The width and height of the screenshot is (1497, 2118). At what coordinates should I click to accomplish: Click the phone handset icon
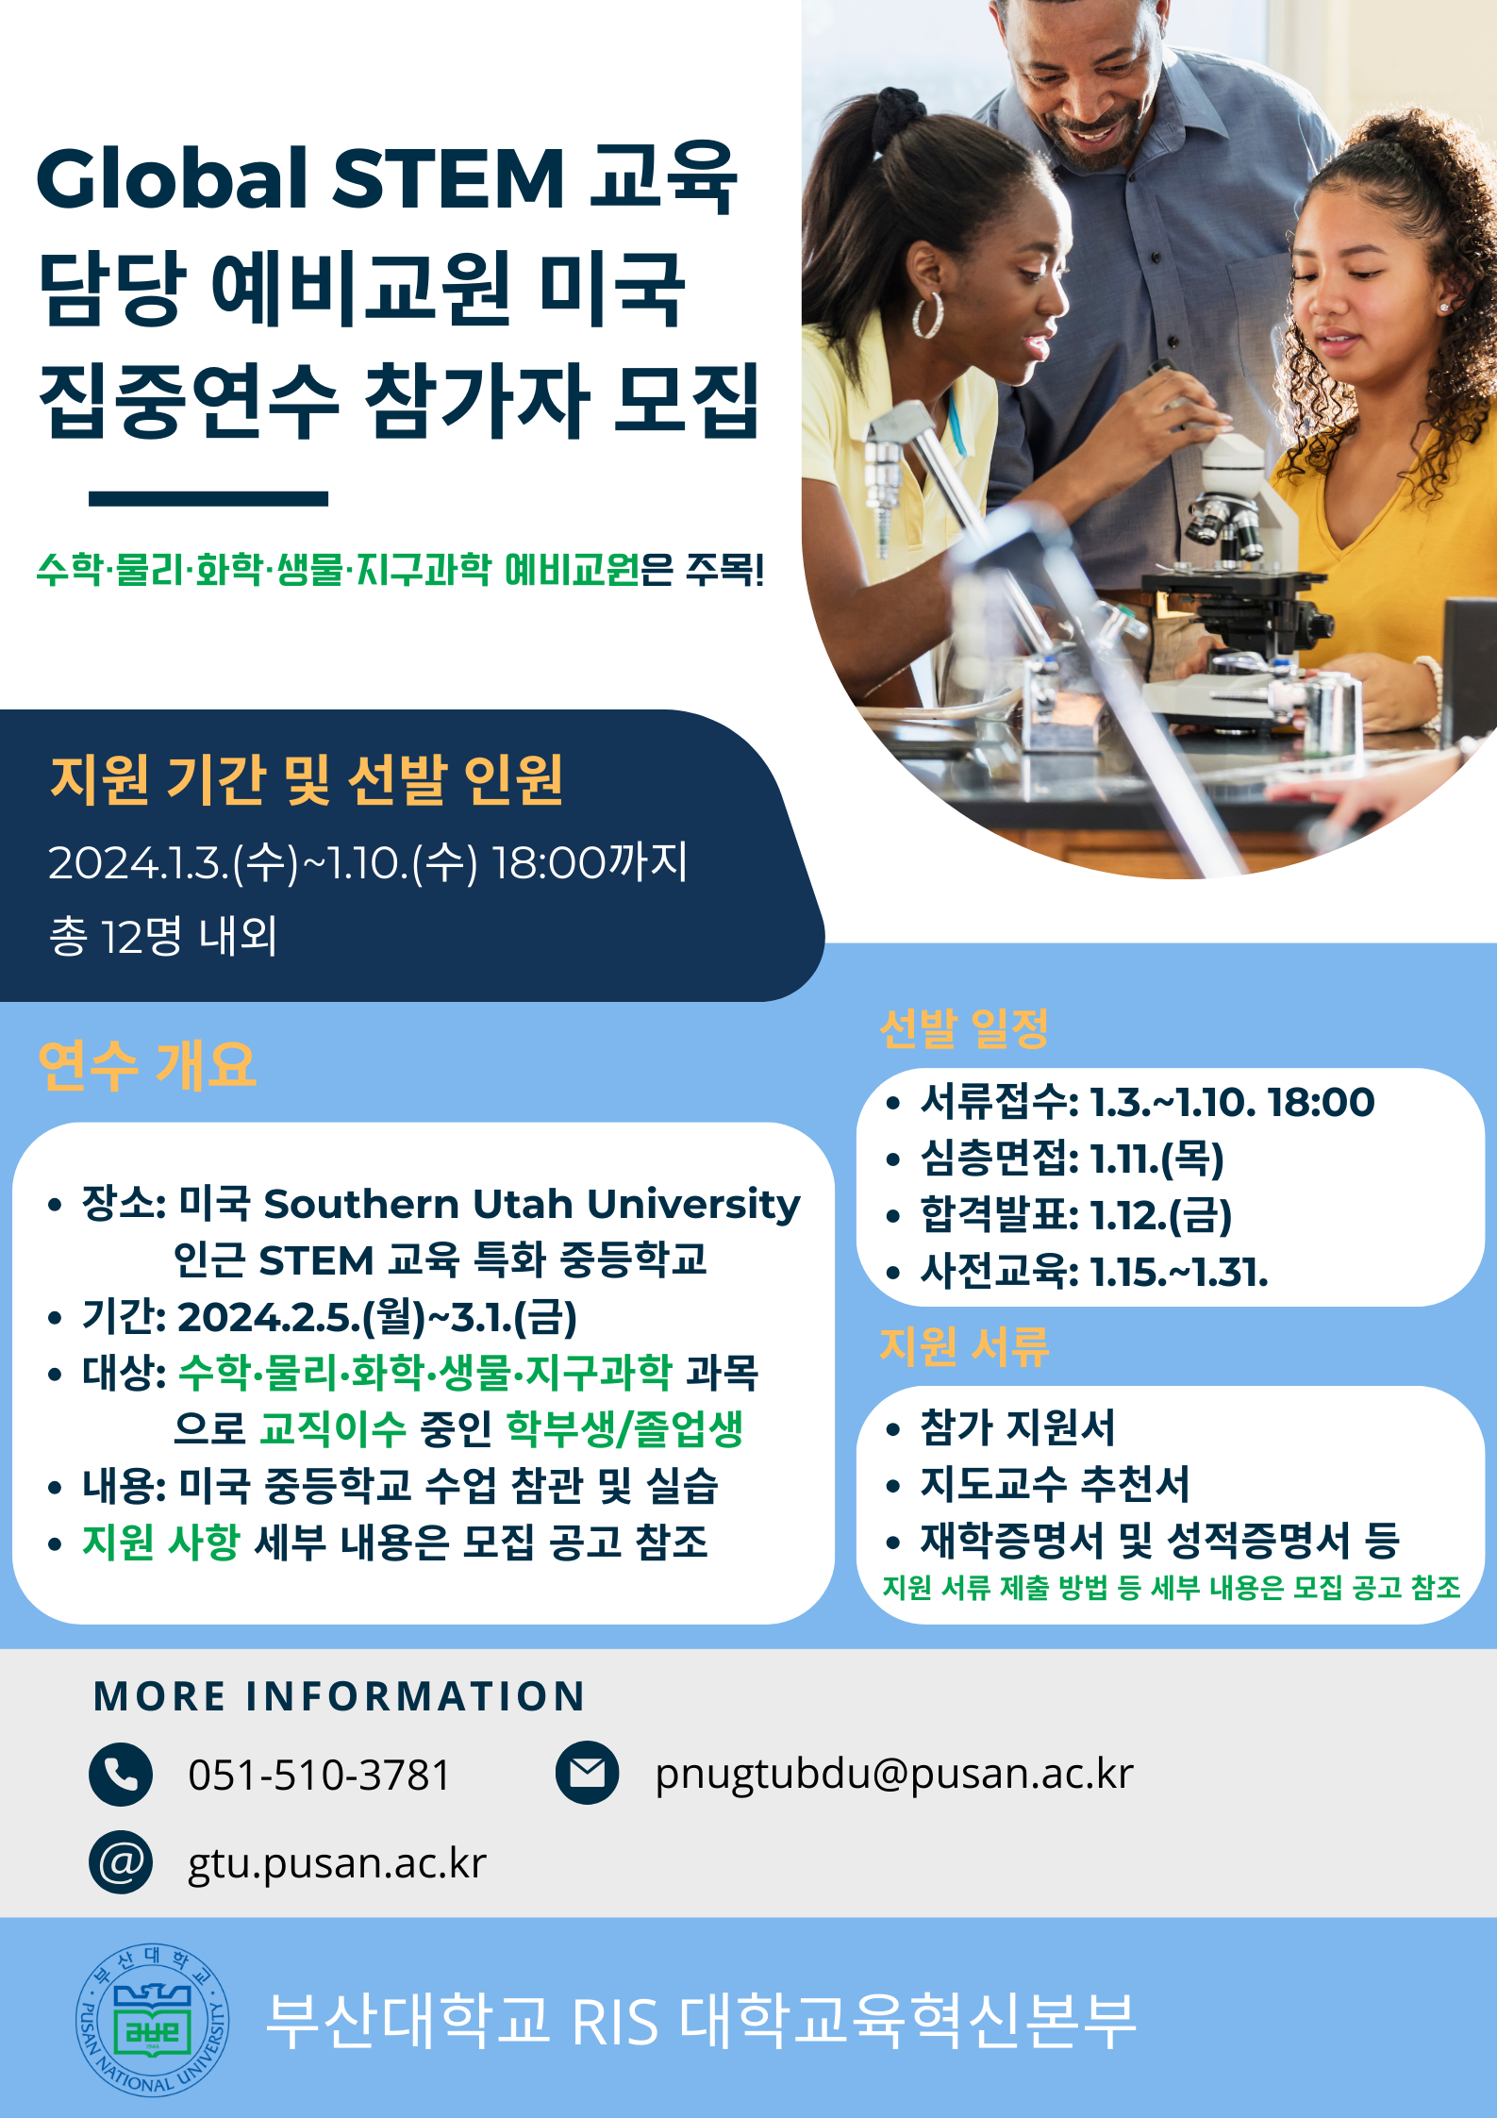pos(121,1774)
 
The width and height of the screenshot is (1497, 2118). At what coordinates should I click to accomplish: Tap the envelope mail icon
pos(588,1773)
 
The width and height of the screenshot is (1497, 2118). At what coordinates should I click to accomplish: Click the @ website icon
pos(121,1862)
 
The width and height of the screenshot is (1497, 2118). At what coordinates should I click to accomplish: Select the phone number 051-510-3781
pos(319,1775)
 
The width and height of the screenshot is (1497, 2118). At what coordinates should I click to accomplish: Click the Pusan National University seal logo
pos(153,2020)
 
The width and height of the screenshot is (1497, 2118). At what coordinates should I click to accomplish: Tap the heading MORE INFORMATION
pos(340,1696)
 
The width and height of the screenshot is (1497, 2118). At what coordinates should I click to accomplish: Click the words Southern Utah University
pos(531,1205)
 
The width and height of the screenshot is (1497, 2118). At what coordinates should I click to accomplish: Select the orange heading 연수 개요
pos(147,1065)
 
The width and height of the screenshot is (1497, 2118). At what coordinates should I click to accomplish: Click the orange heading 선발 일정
pos(964,1027)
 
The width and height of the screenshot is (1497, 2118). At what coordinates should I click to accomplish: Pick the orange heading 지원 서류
pos(964,1346)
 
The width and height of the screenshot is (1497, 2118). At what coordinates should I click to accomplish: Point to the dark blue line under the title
pos(208,498)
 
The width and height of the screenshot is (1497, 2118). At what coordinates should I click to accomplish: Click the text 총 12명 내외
pos(163,936)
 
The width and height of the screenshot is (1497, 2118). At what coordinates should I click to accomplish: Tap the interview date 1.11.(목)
pos(1157,1159)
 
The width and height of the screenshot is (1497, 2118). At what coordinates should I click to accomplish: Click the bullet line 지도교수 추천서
pos(1055,1484)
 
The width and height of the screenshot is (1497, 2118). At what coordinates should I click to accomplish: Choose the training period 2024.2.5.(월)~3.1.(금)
pos(377,1317)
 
